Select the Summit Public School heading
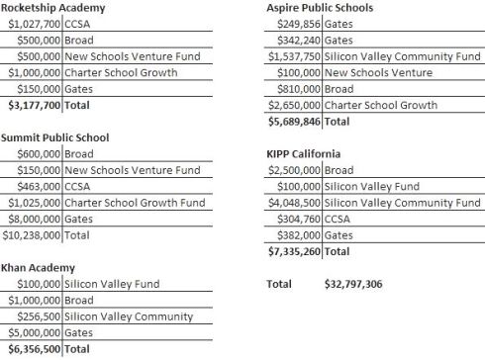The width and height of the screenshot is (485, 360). click(x=54, y=137)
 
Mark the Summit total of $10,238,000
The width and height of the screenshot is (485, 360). click(x=34, y=235)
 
